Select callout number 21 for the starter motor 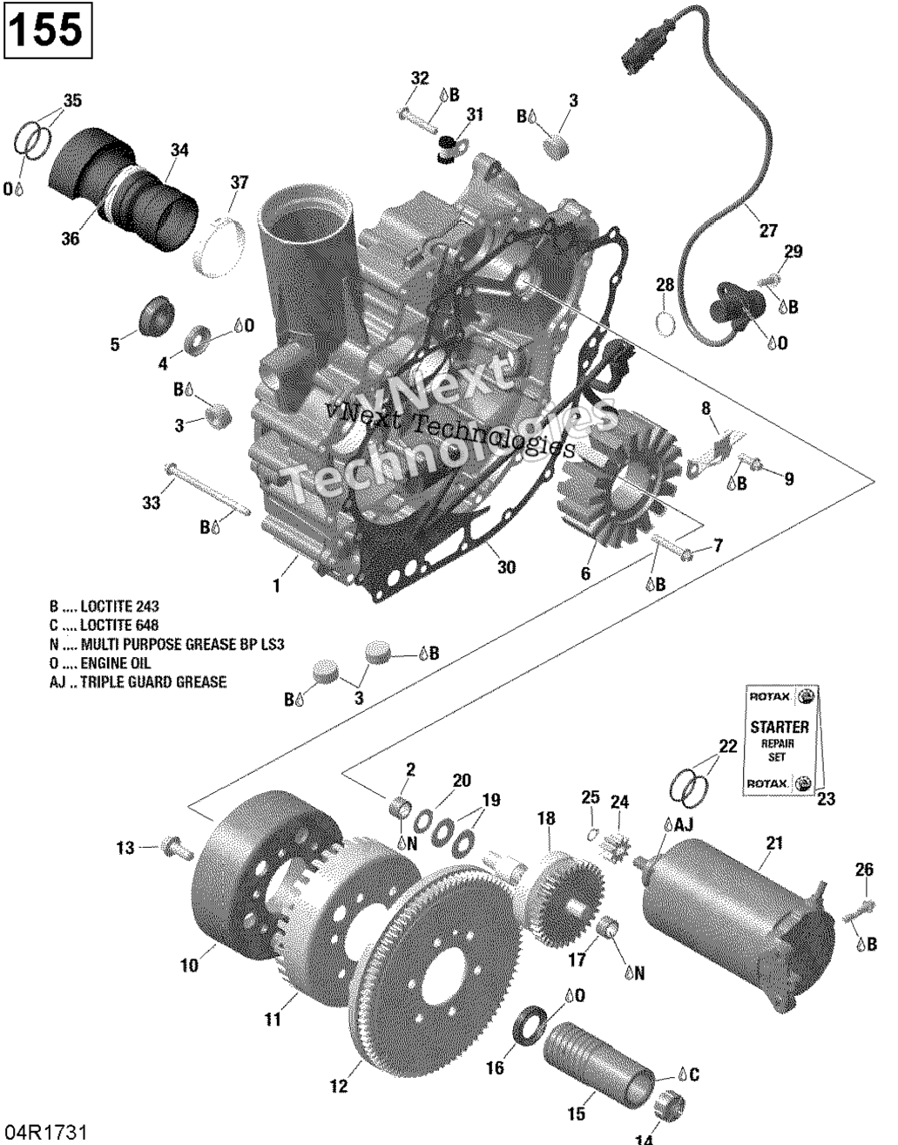tap(773, 843)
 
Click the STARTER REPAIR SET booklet tap(780, 740)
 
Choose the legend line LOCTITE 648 tap(104, 625)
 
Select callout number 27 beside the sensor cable tap(767, 231)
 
